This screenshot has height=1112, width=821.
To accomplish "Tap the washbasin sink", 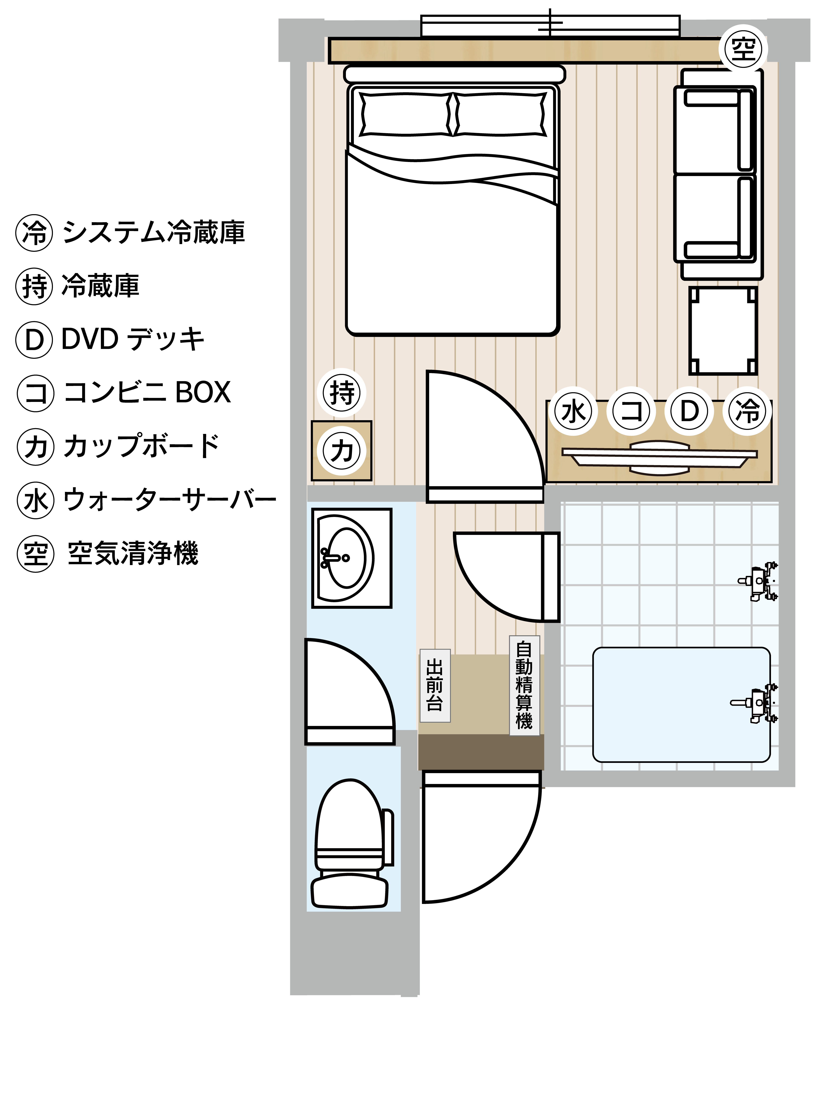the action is pos(351,558).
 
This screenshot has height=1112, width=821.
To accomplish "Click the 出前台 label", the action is pos(435,685).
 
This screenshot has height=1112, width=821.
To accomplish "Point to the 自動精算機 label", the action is pos(524,685).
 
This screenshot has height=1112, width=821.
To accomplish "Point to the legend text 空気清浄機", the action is pos(133,553).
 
